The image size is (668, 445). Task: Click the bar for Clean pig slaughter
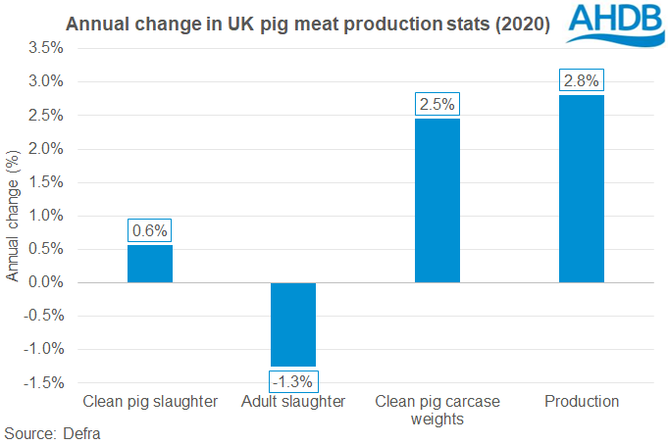tap(150, 264)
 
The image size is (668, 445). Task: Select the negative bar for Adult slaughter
tap(293, 324)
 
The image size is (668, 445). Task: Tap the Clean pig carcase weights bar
tap(437, 200)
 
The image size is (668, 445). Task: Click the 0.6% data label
tap(150, 231)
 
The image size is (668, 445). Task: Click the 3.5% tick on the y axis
tap(46, 47)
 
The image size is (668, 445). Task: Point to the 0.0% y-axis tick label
tap(46, 282)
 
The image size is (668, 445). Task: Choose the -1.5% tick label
tap(44, 383)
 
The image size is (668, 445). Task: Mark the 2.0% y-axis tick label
tap(46, 148)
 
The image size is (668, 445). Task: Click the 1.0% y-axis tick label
tap(46, 216)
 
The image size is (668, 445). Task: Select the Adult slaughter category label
tap(293, 402)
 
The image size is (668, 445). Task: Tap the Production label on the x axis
tap(581, 402)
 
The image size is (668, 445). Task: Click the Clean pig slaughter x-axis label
tap(150, 402)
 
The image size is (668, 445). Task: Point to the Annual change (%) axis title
tap(13, 216)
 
